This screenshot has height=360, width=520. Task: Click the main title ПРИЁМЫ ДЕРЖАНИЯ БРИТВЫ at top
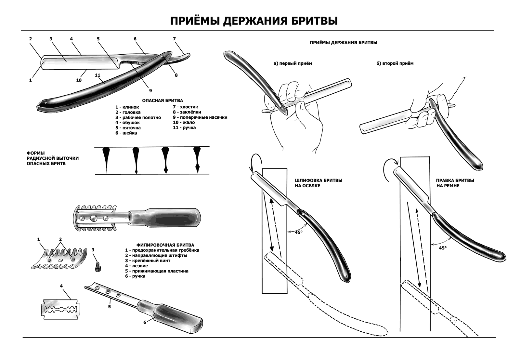pyautogui.click(x=254, y=21)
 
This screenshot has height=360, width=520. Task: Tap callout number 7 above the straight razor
pyautogui.click(x=174, y=39)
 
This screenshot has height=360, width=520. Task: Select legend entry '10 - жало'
pyautogui.click(x=184, y=122)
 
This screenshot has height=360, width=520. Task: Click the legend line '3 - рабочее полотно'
pyautogui.click(x=138, y=117)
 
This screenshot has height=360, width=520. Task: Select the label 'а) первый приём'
pyautogui.click(x=292, y=63)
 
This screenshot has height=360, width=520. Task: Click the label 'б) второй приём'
pyautogui.click(x=395, y=63)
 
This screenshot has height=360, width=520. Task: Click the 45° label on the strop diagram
pyautogui.click(x=443, y=247)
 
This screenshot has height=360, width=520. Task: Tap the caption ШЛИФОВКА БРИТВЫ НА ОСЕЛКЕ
pyautogui.click(x=318, y=183)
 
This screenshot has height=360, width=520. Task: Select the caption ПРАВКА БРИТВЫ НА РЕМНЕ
pyautogui.click(x=455, y=183)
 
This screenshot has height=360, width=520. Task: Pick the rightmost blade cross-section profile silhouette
pyautogui.click(x=197, y=159)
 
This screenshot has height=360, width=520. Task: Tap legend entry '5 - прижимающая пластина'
pyautogui.click(x=157, y=271)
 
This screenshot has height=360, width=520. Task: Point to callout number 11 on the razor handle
pyautogui.click(x=97, y=75)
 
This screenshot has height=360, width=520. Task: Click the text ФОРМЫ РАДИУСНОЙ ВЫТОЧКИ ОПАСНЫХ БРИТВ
pyautogui.click(x=52, y=158)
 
